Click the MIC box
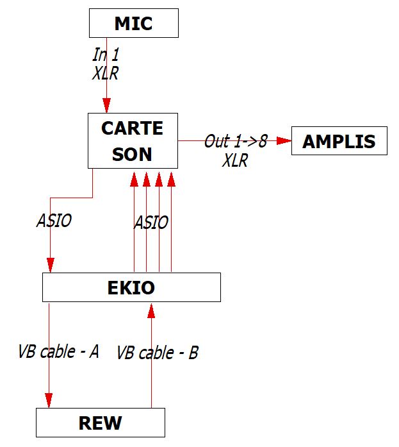tap(133, 24)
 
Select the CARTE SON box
tap(133, 140)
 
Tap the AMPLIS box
tap(339, 141)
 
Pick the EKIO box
tap(131, 287)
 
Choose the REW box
tap(100, 423)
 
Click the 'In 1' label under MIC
tap(106, 55)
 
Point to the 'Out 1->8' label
tap(235, 141)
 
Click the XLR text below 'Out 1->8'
tap(235, 160)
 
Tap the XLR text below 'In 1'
tap(106, 73)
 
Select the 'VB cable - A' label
tap(58, 351)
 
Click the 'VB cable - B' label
tap(158, 353)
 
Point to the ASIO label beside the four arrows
tap(151, 223)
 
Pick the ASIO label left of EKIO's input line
tap(54, 221)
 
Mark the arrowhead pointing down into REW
tap(49, 400)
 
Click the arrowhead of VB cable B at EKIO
tap(151, 310)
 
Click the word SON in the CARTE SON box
tap(133, 154)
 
